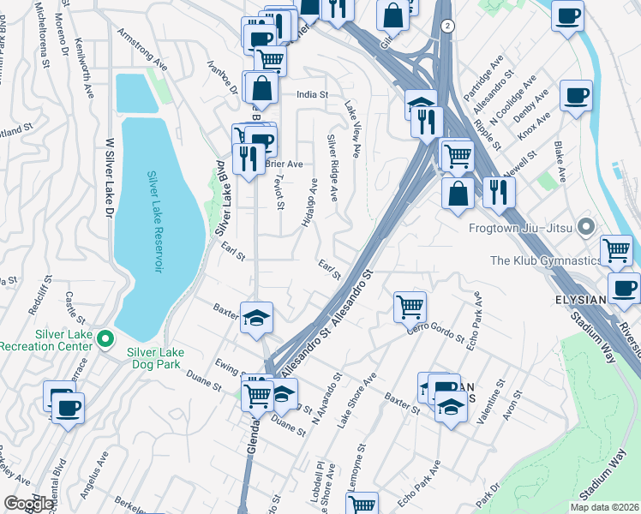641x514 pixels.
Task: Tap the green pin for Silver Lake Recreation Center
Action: pos(105,340)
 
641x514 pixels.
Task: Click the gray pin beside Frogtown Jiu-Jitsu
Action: pos(586,228)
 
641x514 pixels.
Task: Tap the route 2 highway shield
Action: pos(447,27)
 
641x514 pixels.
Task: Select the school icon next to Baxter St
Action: pos(256,318)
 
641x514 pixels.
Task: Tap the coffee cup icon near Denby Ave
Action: pos(576,95)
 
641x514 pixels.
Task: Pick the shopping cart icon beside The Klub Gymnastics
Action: pos(616,249)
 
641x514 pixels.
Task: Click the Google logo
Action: pos(28,503)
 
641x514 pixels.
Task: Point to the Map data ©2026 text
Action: pos(604,507)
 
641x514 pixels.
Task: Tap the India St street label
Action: pos(313,95)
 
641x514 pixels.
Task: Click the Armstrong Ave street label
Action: pos(143,50)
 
